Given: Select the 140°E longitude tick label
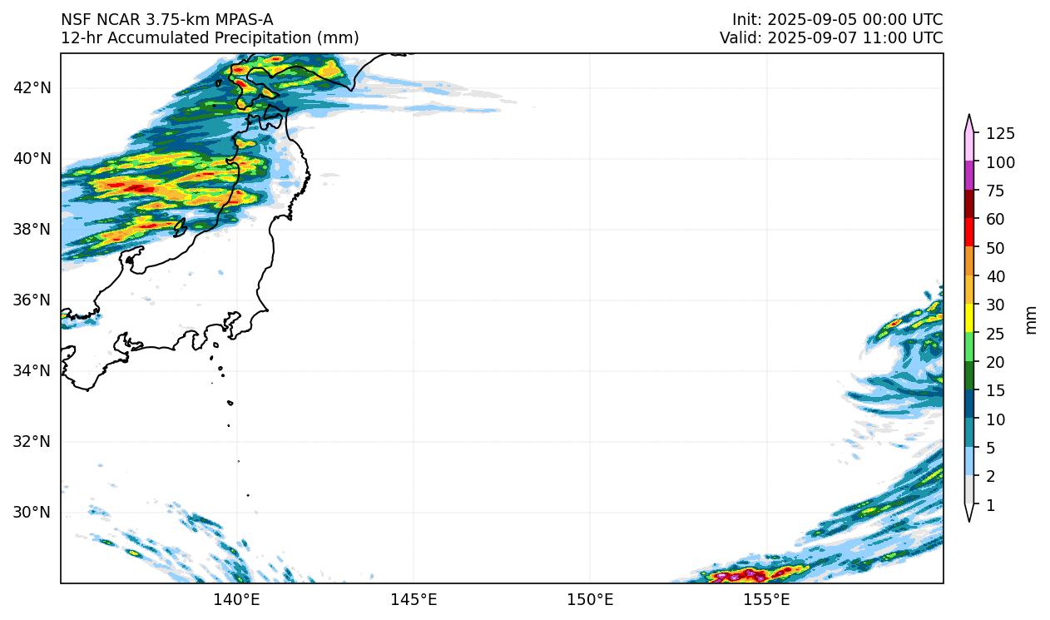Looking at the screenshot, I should pos(237,599).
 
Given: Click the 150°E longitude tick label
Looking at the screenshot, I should pos(590,599).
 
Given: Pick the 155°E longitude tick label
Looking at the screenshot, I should pos(766,599).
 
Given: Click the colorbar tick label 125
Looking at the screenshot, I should pos(1000,134).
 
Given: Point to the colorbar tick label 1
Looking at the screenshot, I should pos(990,505).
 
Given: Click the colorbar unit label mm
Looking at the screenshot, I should pos(1032,320).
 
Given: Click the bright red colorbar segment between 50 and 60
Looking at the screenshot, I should pos(969,231).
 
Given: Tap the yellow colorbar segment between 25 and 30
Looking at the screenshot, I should pos(969,319).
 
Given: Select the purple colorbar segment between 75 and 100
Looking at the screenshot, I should pos(969,176).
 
